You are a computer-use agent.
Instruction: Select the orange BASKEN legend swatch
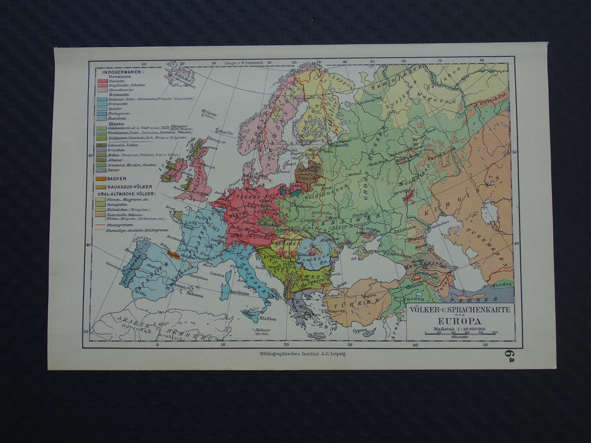point(101,179)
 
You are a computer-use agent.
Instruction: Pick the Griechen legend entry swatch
point(101,150)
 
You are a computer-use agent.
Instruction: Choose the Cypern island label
point(360,331)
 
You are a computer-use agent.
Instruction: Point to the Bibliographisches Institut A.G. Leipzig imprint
point(300,354)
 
